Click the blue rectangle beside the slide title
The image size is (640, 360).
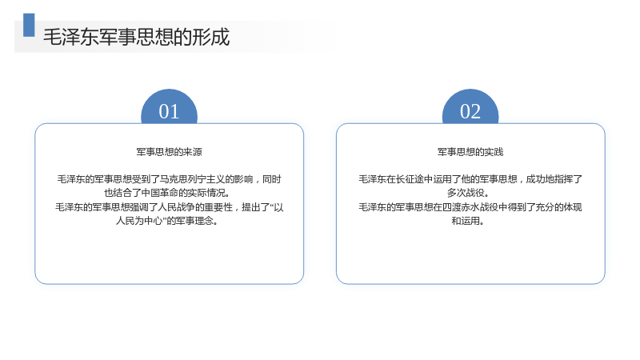pos(29,25)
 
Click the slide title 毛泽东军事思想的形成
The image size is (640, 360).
pos(137,37)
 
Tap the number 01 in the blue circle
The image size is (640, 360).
pos(169,111)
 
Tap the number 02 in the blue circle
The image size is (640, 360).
pos(470,111)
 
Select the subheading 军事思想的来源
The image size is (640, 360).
pos(169,152)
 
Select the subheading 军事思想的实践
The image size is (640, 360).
pos(470,152)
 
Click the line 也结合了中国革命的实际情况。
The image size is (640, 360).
pos(166,193)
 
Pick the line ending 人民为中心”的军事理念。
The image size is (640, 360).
pos(166,221)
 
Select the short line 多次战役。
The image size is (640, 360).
pos(468,193)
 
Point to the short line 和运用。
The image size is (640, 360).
pos(468,221)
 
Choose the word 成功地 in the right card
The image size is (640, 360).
pos(539,179)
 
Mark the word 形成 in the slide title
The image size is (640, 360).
pos(211,37)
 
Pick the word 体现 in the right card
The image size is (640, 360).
pos(573,207)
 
